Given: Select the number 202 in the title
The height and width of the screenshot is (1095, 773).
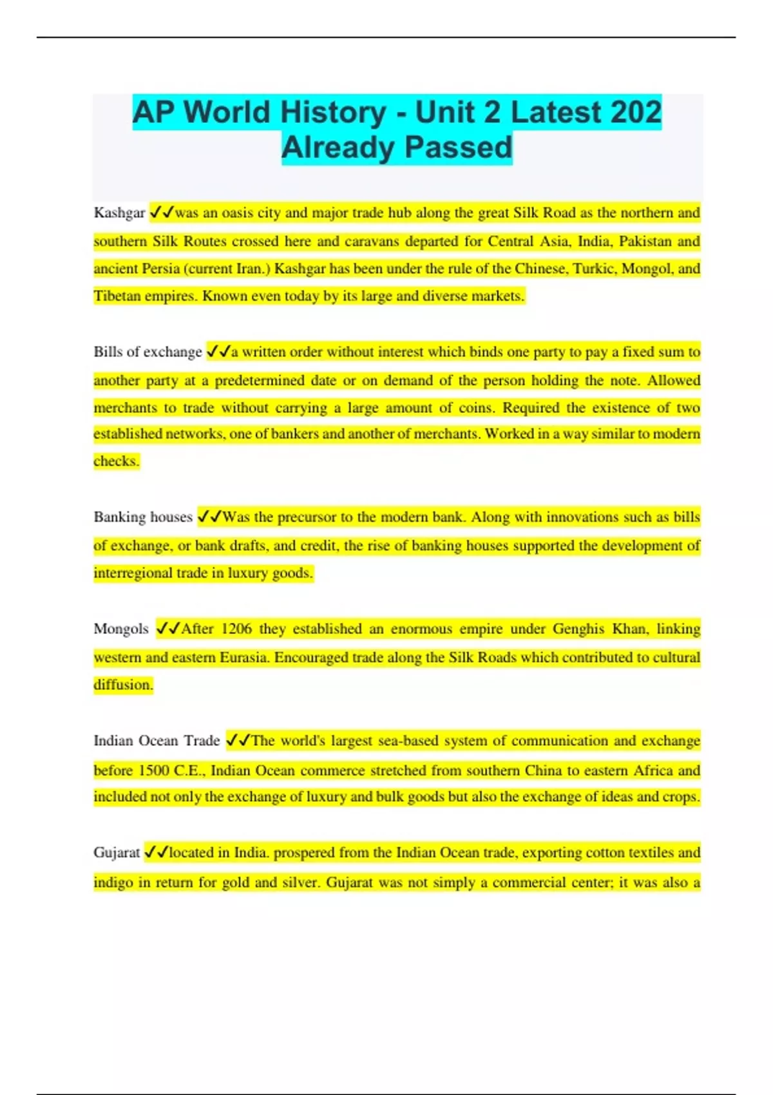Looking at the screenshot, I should click(636, 113).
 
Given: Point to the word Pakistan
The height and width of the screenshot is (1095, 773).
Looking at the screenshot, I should click(645, 242).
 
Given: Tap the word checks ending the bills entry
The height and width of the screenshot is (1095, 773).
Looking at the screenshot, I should click(115, 461).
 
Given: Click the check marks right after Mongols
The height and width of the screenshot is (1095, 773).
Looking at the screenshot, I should click(168, 629).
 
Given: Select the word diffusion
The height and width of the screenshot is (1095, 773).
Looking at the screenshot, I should click(122, 685).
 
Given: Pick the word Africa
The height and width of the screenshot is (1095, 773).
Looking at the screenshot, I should click(652, 770).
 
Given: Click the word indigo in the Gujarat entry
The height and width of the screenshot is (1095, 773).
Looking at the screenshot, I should click(113, 882).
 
